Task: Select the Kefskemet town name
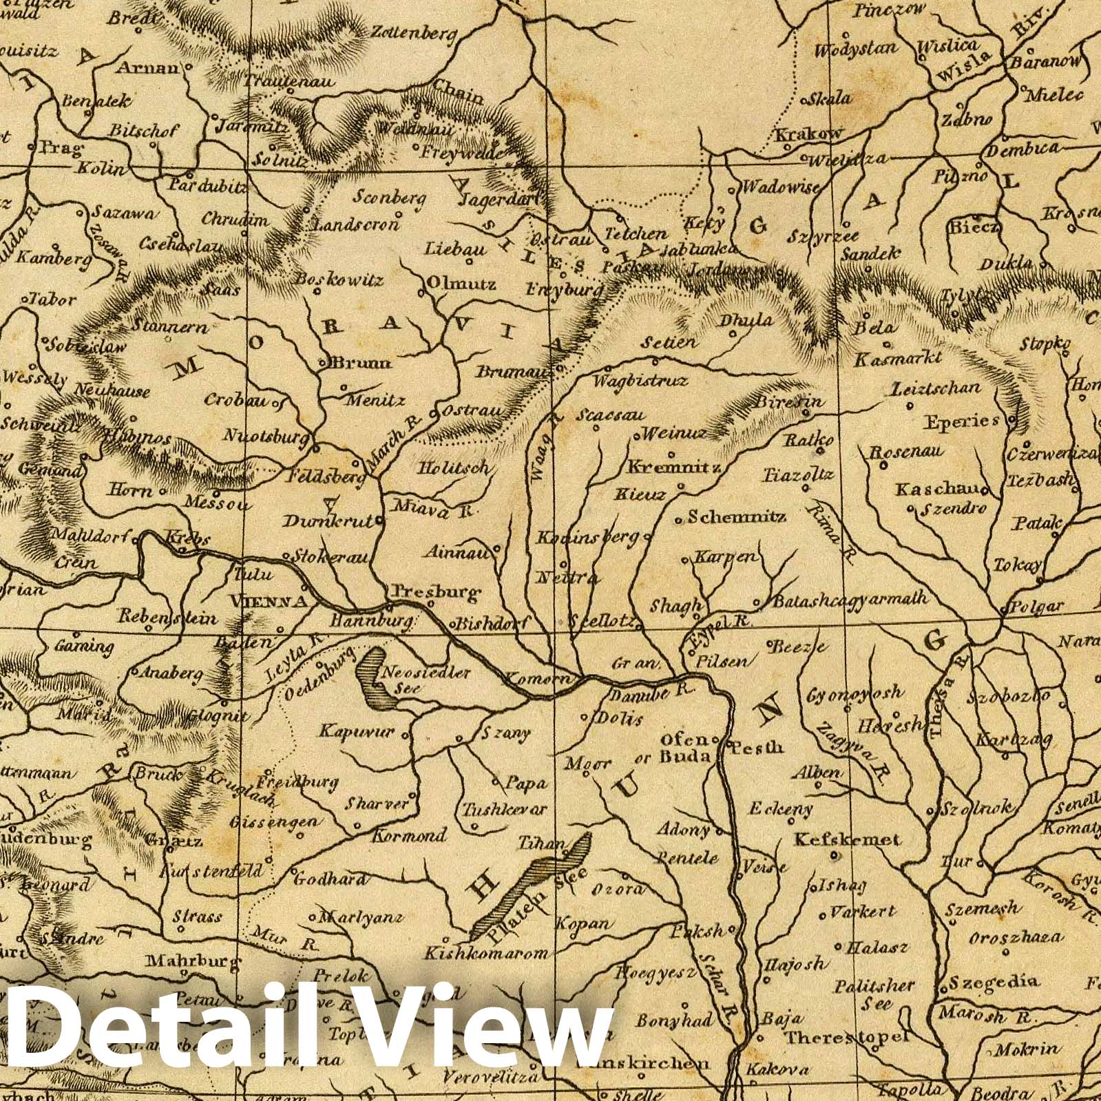click(x=847, y=839)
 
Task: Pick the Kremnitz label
click(x=673, y=468)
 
